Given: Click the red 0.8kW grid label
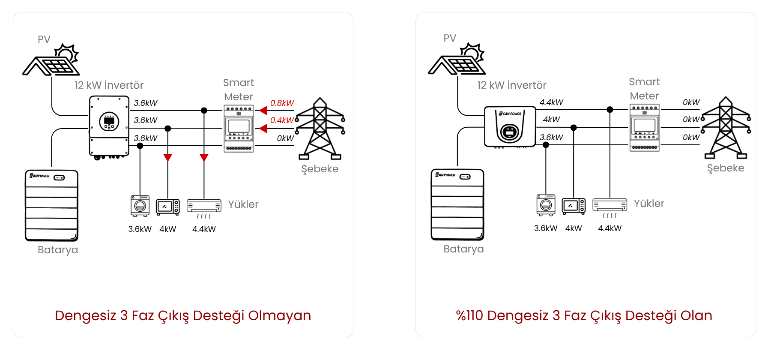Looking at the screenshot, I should coord(282,103).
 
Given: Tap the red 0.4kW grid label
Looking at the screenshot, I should coord(282,120).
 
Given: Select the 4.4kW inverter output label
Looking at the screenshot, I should coord(551,102).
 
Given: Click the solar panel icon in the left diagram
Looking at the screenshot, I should coord(51,60).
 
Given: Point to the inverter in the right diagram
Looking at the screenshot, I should coord(510,127).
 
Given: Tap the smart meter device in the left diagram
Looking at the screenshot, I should coord(239,128).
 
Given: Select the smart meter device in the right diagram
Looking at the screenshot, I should coord(644,127).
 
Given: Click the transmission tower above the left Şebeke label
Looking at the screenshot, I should coord(320,128).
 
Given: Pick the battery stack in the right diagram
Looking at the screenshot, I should coord(457,204).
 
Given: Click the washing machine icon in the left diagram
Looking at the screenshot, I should coord(140,206).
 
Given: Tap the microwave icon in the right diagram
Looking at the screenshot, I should coord(573,206).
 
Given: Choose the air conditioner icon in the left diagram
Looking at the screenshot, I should coord(204,207).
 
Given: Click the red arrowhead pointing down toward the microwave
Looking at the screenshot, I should coord(168,157).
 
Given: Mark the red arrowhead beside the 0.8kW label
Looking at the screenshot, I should coord(263,111).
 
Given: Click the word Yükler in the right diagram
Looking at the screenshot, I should coord(649,204).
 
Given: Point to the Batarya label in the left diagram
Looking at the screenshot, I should coord(58,250).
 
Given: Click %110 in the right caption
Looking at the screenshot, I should coord(469,316).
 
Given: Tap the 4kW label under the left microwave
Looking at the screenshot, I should coord(168,229).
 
